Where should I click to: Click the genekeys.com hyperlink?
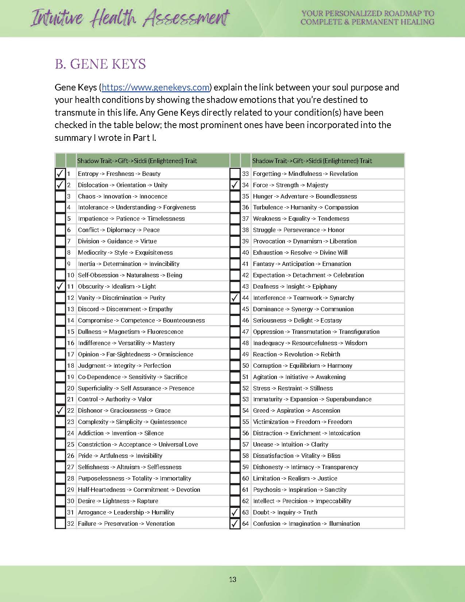coord(156,88)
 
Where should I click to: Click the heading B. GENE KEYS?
coord(100,64)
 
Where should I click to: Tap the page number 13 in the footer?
coord(233,579)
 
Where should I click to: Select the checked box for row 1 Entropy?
coord(60,174)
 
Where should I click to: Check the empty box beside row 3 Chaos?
coord(60,196)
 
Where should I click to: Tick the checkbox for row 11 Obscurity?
coord(60,286)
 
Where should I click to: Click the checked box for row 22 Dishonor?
coord(60,410)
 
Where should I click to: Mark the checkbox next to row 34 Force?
coord(235,185)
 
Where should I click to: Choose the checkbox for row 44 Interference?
coord(235,298)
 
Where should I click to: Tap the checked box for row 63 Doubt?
coord(235,512)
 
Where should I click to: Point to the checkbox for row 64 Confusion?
coord(235,524)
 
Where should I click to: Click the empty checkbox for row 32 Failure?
coord(60,524)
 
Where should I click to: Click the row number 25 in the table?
coord(71,444)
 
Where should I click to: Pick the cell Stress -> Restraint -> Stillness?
coord(293,388)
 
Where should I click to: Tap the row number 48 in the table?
coord(245,343)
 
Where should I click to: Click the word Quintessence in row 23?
coord(168,422)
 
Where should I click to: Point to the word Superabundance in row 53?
coord(349,399)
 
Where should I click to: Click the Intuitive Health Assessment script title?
coord(130,18)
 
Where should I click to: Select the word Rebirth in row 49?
coord(330,354)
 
